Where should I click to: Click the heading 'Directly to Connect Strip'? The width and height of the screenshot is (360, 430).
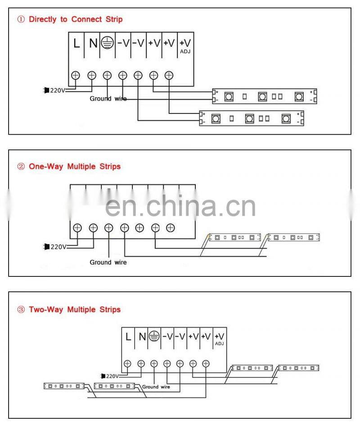[x=75, y=19]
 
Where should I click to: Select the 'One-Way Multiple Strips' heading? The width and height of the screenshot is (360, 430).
[x=75, y=167]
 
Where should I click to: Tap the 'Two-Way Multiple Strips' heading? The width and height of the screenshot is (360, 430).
[x=75, y=310]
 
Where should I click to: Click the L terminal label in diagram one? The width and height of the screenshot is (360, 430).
[x=76, y=44]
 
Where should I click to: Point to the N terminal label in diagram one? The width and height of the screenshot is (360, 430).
[x=93, y=44]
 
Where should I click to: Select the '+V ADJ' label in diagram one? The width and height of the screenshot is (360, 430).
[x=185, y=45]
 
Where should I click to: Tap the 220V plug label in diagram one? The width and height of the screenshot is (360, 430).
[x=57, y=91]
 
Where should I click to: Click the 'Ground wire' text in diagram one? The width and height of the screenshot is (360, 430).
[x=108, y=99]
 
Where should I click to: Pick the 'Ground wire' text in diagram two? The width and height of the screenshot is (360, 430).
[x=108, y=263]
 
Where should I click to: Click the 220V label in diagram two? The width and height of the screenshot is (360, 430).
[x=57, y=247]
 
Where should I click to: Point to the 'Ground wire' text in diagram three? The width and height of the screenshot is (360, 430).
[x=156, y=387]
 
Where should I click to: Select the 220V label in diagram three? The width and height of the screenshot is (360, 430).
[x=111, y=376]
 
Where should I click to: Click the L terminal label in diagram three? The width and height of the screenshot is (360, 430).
[x=128, y=336]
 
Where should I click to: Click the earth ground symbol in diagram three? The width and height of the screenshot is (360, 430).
[x=154, y=336]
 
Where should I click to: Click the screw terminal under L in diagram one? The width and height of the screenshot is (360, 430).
[x=76, y=75]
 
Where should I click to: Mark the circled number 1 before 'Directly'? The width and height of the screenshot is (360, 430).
[x=21, y=19]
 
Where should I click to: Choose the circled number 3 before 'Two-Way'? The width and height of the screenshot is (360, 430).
[x=21, y=310]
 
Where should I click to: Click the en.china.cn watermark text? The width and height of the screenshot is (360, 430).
[x=180, y=206]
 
